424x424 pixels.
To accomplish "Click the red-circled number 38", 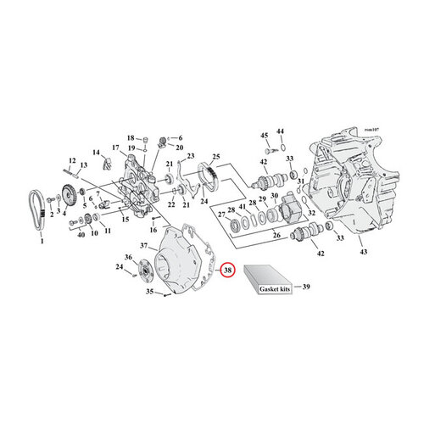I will (226, 271).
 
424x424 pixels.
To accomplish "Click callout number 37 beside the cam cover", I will (143, 246).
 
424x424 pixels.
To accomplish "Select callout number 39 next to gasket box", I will (306, 287).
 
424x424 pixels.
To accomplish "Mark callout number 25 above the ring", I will (215, 158).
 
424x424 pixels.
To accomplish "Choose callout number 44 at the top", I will (282, 131).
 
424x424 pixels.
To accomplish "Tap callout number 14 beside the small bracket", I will (96, 151).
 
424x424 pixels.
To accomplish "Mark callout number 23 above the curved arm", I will (192, 155).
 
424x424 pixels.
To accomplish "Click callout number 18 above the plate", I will (131, 137).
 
